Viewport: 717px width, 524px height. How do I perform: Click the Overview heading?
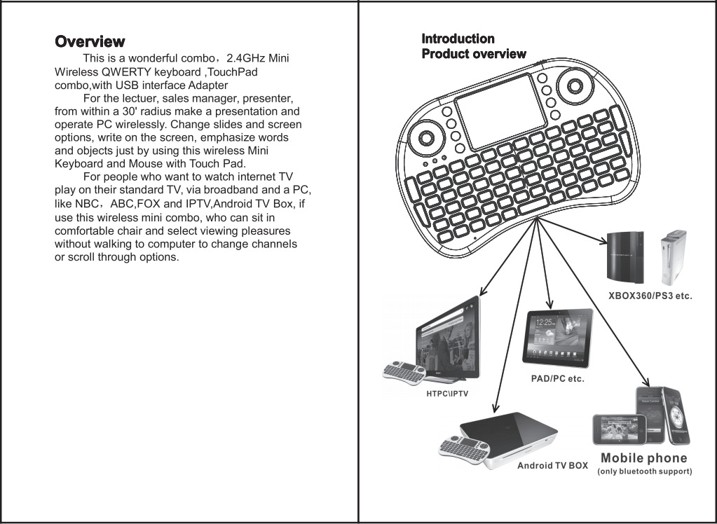pos(90,42)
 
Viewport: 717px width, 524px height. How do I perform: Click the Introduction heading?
pos(458,39)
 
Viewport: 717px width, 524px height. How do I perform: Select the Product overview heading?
pos(473,54)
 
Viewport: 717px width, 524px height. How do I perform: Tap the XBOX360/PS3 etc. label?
pos(649,296)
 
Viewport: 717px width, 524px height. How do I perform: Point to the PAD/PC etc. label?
pos(557,379)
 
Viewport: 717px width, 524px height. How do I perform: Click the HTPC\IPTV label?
pos(447,394)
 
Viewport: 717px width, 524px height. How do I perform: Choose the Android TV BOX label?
pos(552,465)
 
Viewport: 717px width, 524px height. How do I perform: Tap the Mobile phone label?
pos(643,458)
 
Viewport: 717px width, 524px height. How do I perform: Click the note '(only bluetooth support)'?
pos(644,471)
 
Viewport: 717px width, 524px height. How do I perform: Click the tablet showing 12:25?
pos(558,337)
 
